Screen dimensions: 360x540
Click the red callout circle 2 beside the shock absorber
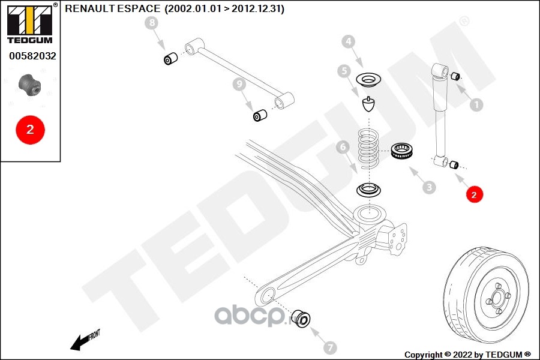(x=474, y=194)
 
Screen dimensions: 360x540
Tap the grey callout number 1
(x=476, y=105)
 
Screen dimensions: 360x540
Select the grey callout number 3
(x=428, y=188)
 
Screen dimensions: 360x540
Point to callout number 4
(x=349, y=41)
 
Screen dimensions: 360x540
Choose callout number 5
(x=344, y=71)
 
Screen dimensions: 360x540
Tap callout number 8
(x=152, y=23)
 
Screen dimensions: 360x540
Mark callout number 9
(x=240, y=85)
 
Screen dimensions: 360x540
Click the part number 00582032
(x=32, y=56)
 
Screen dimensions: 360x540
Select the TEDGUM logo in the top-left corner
(x=29, y=24)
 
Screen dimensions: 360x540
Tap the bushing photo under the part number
(x=29, y=85)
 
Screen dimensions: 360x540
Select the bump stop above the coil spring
(x=369, y=104)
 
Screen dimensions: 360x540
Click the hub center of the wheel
(x=497, y=298)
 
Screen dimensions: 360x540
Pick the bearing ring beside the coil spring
(x=401, y=152)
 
